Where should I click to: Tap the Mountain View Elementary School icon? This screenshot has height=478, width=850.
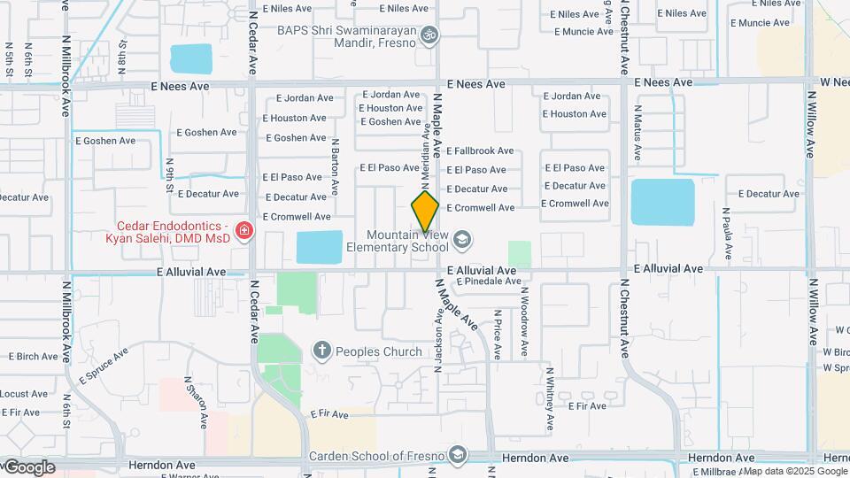coord(461,240)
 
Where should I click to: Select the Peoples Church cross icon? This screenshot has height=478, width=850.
coord(321,351)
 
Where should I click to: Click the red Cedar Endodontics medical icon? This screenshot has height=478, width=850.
coord(244,233)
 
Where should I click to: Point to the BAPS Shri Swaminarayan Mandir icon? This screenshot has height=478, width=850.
coord(429,35)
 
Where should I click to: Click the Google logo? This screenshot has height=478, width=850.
coord(28,467)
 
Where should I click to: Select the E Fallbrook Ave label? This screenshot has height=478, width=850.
coord(480,151)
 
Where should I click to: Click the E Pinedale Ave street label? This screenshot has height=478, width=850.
coord(488,281)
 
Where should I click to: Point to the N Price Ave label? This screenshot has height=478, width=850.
coord(498,335)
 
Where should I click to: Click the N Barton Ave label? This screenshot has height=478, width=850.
coord(336,166)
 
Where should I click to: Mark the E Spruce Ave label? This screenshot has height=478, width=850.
coord(103,365)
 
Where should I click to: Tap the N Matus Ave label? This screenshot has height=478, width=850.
coord(637,133)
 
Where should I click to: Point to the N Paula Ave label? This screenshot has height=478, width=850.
coord(726,235)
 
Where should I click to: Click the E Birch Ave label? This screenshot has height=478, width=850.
coord(34,357)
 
